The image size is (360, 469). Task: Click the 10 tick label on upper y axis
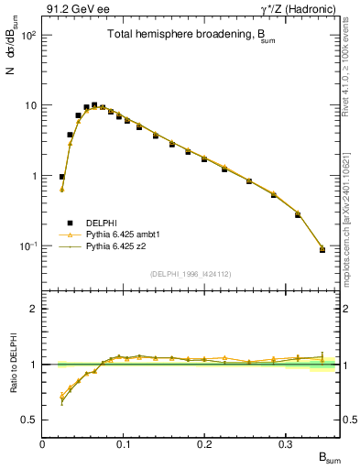coord(30,105)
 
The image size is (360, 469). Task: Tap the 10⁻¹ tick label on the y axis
coord(28,246)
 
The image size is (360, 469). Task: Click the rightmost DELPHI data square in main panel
coord(322,249)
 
